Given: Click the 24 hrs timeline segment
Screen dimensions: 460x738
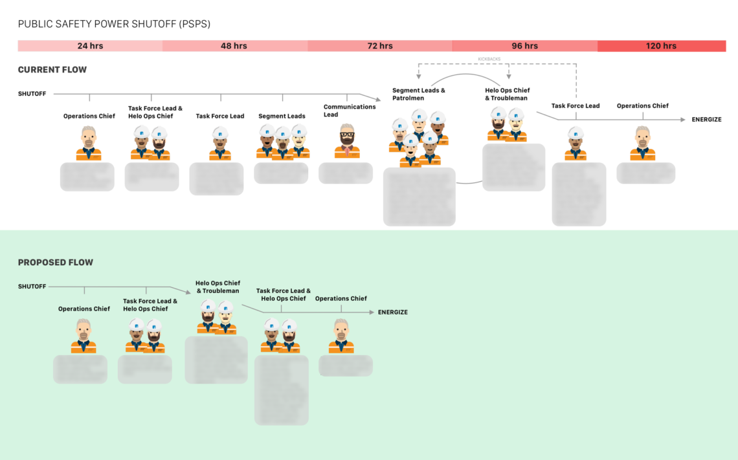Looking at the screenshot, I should (x=90, y=46).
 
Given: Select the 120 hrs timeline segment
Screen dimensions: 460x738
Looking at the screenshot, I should (x=661, y=46).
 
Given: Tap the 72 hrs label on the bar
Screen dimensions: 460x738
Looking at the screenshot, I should (x=380, y=46).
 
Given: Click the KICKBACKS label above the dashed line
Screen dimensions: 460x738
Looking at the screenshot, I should (x=490, y=59).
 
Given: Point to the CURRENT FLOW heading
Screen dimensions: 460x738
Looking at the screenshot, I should (x=52, y=70).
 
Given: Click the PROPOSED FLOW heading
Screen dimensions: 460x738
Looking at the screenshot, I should (x=55, y=263).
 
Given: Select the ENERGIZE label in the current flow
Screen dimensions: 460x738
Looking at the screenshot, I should (x=706, y=120).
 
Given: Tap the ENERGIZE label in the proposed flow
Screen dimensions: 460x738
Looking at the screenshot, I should (x=393, y=312).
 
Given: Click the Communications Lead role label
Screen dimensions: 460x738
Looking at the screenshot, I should (x=350, y=111).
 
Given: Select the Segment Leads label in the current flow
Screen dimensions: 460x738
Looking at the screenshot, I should (x=282, y=116).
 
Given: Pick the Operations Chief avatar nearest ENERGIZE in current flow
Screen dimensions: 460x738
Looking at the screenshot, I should (x=642, y=144).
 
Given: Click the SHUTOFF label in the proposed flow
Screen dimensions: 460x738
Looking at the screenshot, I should (x=32, y=287).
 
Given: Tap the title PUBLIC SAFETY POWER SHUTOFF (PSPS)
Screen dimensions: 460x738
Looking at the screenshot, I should (x=114, y=24).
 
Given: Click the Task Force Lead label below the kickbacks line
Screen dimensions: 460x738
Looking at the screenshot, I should (x=576, y=106).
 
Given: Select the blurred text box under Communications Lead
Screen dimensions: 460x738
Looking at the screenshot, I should (x=346, y=173).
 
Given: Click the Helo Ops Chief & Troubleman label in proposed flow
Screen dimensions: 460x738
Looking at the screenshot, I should (x=218, y=287).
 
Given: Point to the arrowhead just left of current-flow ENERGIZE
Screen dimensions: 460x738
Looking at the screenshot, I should (x=682, y=120).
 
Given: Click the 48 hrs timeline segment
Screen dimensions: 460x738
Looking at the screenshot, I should (x=234, y=46).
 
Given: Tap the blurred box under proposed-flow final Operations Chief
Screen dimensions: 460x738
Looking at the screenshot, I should (x=346, y=366).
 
